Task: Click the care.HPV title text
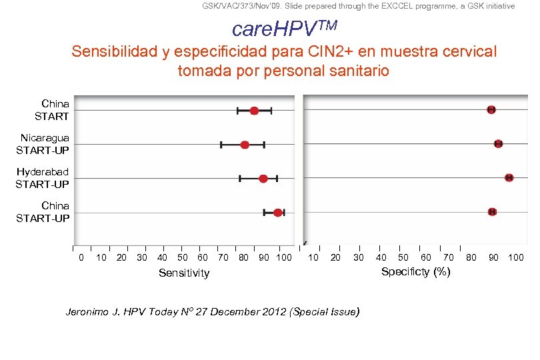tap(284, 29)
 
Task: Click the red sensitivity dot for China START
tap(254, 110)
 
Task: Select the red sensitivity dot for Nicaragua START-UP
tap(245, 145)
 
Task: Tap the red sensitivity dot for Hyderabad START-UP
tap(263, 179)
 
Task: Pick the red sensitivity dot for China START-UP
tap(277, 213)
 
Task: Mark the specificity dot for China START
tap(491, 109)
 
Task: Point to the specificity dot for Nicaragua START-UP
tap(498, 144)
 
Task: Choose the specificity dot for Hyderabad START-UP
tap(509, 177)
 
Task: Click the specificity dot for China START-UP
tap(492, 211)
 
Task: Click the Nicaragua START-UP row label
tap(43, 143)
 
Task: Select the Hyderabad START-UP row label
tap(43, 178)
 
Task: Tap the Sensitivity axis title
tap(184, 273)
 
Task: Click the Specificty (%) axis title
tap(415, 271)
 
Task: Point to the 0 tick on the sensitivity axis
tap(81, 257)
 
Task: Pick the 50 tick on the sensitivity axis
tap(182, 257)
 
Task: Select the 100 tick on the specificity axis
tap(516, 257)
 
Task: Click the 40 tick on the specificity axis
tap(381, 257)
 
